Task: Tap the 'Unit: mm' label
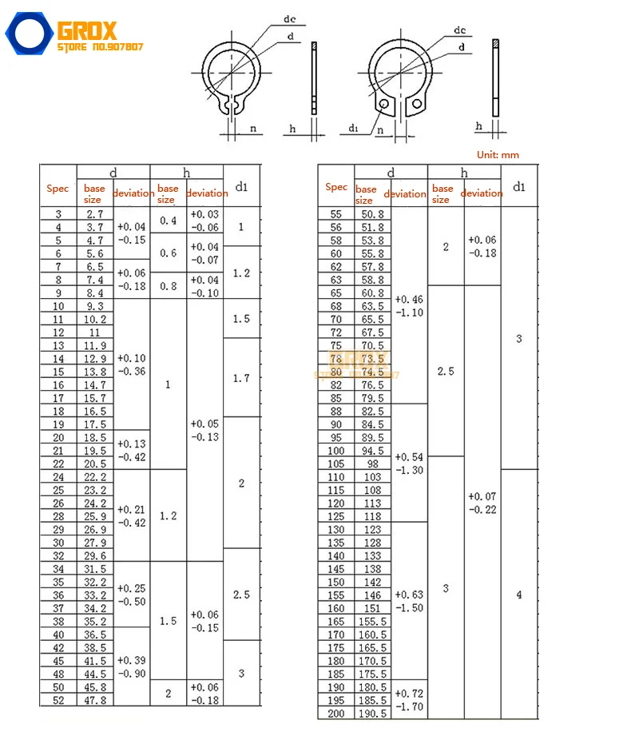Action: pos(497,154)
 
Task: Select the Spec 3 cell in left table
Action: pos(58,214)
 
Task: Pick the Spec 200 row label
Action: pos(335,713)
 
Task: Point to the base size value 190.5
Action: pos(372,713)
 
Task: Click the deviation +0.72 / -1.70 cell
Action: pos(409,700)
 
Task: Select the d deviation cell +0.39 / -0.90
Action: pos(131,667)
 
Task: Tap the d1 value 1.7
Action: pos(241,378)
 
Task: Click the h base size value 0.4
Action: pos(168,221)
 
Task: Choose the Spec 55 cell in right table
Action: pos(335,214)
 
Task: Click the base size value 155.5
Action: pos(372,621)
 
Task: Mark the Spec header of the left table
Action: pos(58,189)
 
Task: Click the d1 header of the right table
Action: pos(519,186)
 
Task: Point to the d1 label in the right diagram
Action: pos(355,128)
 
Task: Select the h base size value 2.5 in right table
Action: pos(446,372)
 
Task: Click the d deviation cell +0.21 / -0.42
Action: pos(131,515)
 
